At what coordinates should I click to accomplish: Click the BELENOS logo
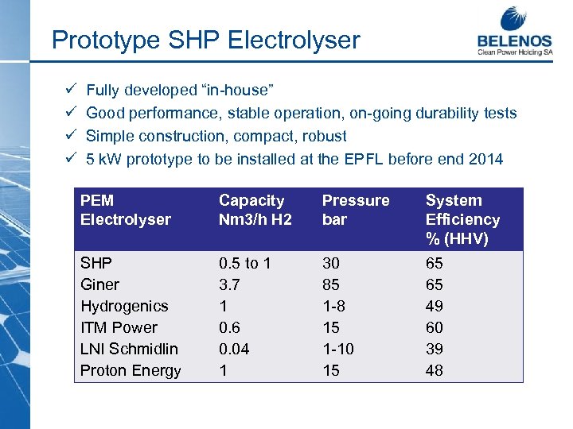[514, 32]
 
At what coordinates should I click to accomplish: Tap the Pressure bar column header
[356, 210]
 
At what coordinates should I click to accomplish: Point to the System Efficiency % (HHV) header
[462, 219]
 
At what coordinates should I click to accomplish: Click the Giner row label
[100, 284]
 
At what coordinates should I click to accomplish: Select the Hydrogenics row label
[124, 306]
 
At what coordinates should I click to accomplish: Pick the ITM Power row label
[119, 327]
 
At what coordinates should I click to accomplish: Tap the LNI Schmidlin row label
[129, 349]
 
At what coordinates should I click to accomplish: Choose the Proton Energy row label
[131, 370]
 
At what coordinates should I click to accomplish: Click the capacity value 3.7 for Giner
[229, 284]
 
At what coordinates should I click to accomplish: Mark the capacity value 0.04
[235, 349]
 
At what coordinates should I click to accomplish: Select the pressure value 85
[331, 284]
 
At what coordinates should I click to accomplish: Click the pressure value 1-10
[337, 349]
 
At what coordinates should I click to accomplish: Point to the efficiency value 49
[435, 306]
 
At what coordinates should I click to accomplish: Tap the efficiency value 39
[435, 349]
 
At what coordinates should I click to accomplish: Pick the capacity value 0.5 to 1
[244, 263]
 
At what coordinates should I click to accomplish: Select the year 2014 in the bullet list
[486, 159]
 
